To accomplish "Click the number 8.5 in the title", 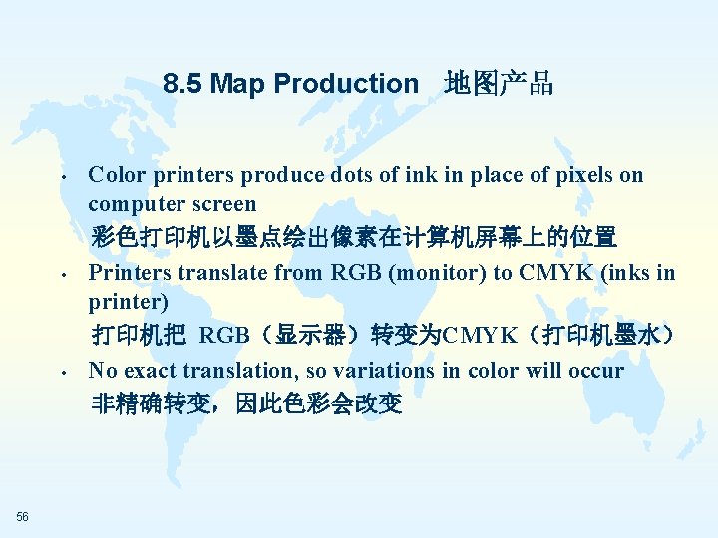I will coord(182,84).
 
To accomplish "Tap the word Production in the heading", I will coord(347,84).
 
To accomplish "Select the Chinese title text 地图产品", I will coord(499,84).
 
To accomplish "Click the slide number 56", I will coord(23,515).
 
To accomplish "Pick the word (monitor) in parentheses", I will coord(423,272).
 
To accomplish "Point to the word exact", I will coord(157,371).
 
